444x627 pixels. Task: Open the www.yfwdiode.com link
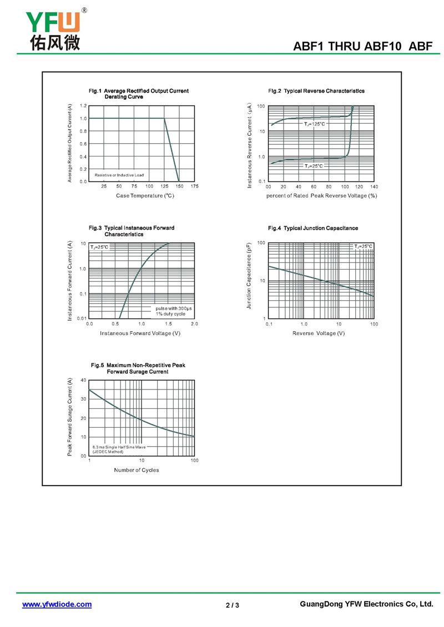[57, 604]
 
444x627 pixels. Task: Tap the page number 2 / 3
[233, 605]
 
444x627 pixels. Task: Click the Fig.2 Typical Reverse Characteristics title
[316, 91]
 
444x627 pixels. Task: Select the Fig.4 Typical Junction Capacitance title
[313, 228]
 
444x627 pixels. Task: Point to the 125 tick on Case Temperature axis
[164, 186]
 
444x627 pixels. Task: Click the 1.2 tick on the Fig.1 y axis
[83, 105]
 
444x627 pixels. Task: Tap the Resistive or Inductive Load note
[119, 175]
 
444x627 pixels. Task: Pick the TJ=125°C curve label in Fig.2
[314, 124]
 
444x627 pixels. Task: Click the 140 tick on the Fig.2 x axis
[374, 186]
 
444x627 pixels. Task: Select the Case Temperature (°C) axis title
[145, 196]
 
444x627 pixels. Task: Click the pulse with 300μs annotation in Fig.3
[173, 308]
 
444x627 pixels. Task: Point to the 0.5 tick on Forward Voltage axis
[115, 323]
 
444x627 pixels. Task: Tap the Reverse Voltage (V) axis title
[319, 333]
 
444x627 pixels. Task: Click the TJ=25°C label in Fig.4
[364, 246]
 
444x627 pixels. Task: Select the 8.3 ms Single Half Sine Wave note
[119, 447]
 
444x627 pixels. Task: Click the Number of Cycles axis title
[137, 470]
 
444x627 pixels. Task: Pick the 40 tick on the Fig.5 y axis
[83, 380]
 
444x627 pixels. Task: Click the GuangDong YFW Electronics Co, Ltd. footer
[366, 604]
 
